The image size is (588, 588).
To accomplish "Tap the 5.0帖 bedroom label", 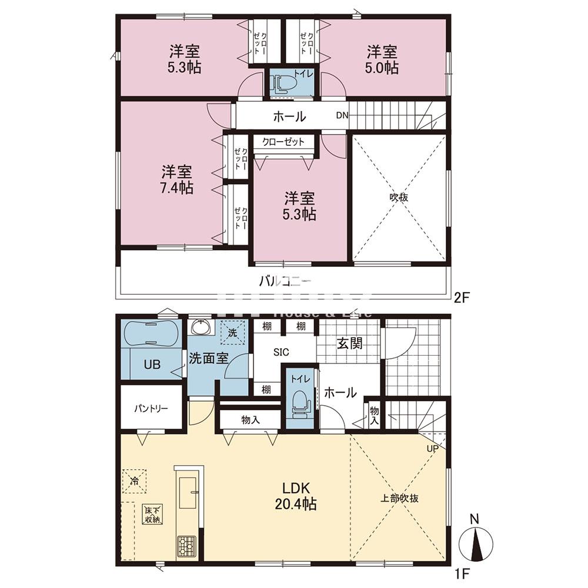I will [x=384, y=59].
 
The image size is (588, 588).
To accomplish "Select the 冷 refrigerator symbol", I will [x=135, y=480].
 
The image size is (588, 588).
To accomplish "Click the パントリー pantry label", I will [x=151, y=407].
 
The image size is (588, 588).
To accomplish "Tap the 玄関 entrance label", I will [x=349, y=344].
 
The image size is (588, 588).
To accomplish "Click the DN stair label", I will [x=342, y=115].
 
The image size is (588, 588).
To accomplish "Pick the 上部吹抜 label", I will [x=399, y=499].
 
